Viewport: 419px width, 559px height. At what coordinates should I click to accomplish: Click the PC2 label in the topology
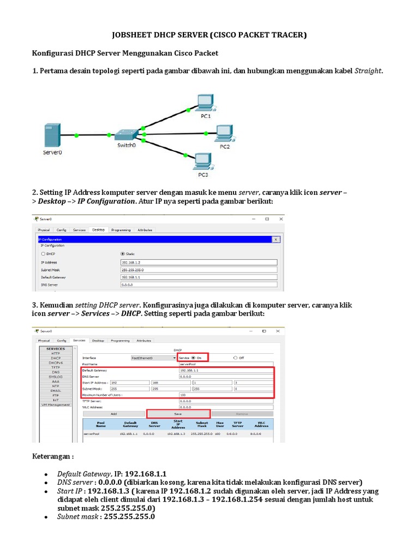[x=225, y=147]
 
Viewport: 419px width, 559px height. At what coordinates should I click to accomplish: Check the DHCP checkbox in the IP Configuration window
[x=43, y=254]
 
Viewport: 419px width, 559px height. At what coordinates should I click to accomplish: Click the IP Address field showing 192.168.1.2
[x=198, y=262]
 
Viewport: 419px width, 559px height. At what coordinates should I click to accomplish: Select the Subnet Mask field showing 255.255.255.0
[x=198, y=270]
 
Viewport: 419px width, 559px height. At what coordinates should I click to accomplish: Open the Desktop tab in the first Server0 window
[x=98, y=230]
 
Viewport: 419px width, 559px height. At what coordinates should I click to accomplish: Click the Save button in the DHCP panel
[x=178, y=414]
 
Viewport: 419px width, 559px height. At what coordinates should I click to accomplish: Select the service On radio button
[x=193, y=358]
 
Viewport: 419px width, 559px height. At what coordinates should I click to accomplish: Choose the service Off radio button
[x=235, y=358]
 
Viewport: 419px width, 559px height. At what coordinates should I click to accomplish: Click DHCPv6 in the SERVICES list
[x=55, y=362]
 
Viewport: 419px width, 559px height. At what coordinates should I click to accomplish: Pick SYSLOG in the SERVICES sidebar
[x=55, y=377]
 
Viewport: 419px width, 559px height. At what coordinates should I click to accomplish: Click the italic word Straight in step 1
[x=368, y=71]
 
